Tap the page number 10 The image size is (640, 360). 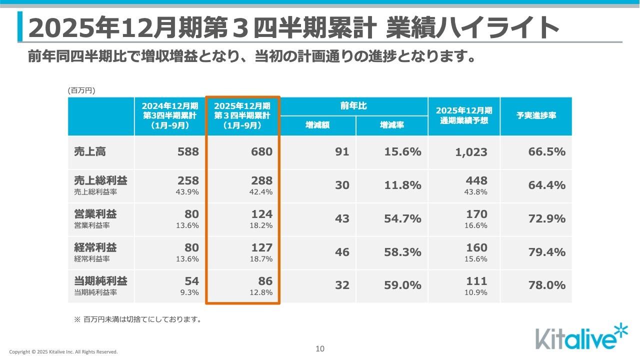click(x=320, y=349)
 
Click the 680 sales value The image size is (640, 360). click(x=262, y=152)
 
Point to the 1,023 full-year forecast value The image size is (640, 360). click(x=471, y=152)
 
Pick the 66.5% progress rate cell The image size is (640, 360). click(x=546, y=152)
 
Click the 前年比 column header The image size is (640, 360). click(x=353, y=106)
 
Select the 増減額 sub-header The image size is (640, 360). click(x=317, y=125)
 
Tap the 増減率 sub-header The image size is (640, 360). click(x=391, y=125)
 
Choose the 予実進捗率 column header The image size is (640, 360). click(x=536, y=115)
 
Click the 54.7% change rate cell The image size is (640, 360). click(x=402, y=219)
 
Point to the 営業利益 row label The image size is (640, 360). click(x=95, y=214)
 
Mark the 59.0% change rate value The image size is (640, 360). click(x=402, y=285)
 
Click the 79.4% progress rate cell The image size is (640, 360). click(x=546, y=252)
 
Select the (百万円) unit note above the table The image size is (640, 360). click(x=81, y=90)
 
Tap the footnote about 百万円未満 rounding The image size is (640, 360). click(x=137, y=319)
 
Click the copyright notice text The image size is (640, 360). click(x=63, y=352)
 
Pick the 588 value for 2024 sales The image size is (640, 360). click(x=188, y=152)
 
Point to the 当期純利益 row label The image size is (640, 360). click(x=100, y=280)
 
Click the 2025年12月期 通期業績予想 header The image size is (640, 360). click(x=463, y=115)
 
